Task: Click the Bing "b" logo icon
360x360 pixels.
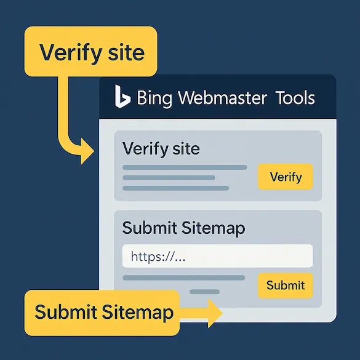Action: pyautogui.click(x=122, y=97)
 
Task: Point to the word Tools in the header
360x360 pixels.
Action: pyautogui.click(x=295, y=97)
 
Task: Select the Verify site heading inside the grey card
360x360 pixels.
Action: pyautogui.click(x=161, y=149)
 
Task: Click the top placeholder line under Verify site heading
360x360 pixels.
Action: pyautogui.click(x=185, y=167)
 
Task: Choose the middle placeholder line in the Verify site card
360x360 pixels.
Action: pyautogui.click(x=169, y=178)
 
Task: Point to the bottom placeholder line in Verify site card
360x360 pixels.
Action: pyautogui.click(x=175, y=188)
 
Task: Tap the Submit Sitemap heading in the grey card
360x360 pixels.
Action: pyautogui.click(x=183, y=228)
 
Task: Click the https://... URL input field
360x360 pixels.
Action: pyautogui.click(x=217, y=256)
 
